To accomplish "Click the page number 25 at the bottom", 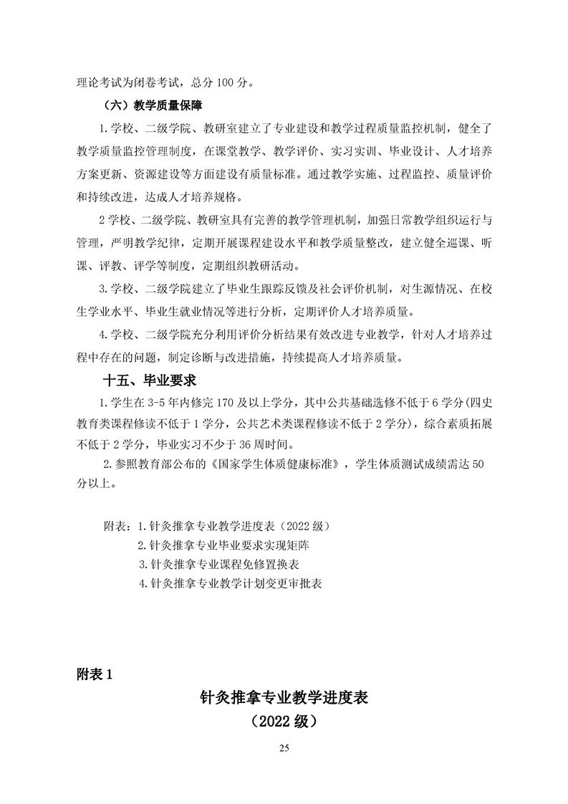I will click(x=284, y=749).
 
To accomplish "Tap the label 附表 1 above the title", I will click(x=93, y=674).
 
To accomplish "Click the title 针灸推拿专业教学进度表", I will click(x=284, y=697).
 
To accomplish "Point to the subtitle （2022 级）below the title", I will click(x=284, y=722).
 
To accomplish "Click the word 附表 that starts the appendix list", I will click(x=116, y=526).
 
